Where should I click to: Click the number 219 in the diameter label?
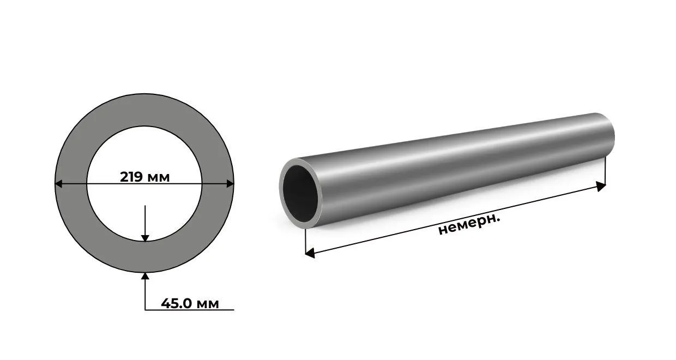click(x=131, y=177)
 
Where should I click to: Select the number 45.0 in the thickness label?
click(x=177, y=303)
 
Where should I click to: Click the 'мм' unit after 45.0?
click(x=207, y=304)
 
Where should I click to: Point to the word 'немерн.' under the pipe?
click(x=469, y=225)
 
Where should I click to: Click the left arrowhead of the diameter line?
click(x=58, y=183)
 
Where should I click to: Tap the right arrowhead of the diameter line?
click(x=230, y=183)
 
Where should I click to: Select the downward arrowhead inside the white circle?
click(x=145, y=238)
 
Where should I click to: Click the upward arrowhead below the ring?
click(x=145, y=276)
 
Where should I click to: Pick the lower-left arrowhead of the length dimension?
click(x=310, y=253)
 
